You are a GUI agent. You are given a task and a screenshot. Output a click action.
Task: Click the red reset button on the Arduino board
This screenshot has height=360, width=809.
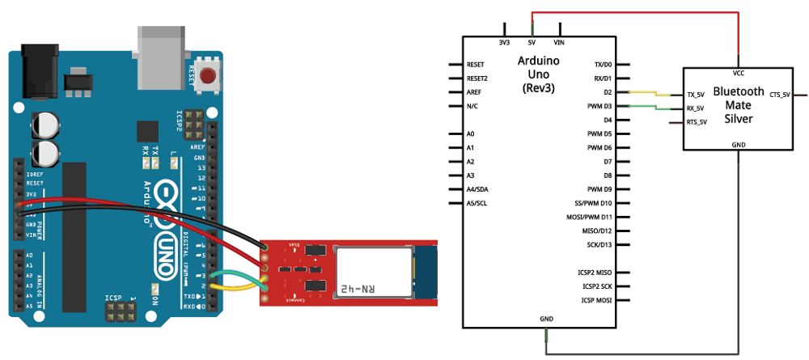coord(210,77)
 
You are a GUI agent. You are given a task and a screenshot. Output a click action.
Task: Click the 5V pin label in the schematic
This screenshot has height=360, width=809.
coord(532,42)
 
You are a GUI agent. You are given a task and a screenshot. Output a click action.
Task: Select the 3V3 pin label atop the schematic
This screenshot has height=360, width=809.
coord(504,42)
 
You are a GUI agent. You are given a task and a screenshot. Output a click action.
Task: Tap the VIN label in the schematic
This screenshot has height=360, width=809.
coord(558,42)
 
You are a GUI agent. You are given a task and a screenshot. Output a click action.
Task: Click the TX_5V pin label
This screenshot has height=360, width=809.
coord(696,94)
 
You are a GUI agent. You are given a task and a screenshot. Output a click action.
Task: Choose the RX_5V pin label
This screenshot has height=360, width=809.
coord(696,108)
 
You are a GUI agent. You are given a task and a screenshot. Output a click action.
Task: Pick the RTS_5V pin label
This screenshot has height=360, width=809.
coord(697,122)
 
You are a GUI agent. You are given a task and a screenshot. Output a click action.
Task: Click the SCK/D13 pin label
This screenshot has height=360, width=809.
coord(599,244)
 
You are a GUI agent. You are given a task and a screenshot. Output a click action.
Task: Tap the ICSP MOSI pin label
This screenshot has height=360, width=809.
coord(594,301)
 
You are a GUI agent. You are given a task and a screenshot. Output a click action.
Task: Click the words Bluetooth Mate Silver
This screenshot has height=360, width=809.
coord(739,105)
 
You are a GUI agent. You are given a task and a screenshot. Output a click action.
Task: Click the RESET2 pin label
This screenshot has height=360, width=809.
coord(478,78)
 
